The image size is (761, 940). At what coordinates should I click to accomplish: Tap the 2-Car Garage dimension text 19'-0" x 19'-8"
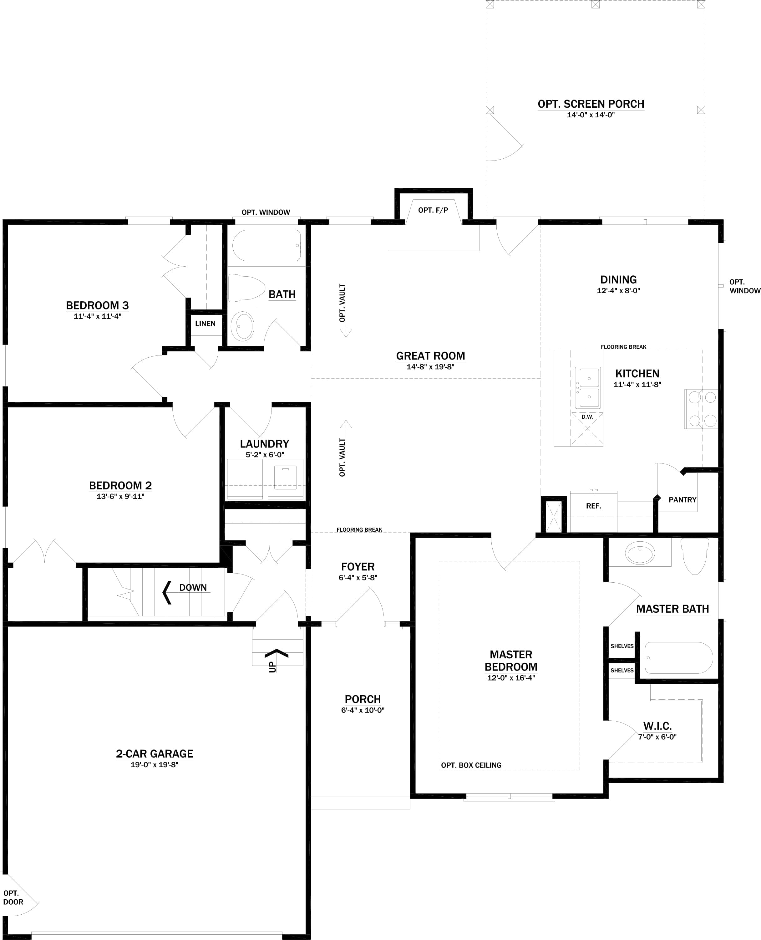click(x=154, y=765)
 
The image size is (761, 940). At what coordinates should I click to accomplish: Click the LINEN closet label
click(x=205, y=324)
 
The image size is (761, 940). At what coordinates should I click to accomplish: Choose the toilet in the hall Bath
click(x=246, y=288)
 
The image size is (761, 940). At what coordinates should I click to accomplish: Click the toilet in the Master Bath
click(x=694, y=555)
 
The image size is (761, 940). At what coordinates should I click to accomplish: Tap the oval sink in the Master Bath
click(x=641, y=553)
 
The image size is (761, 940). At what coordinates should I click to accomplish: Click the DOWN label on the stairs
click(x=193, y=588)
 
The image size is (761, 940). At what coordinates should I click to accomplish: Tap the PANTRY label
click(x=682, y=500)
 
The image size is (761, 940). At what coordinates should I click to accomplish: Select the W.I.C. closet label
click(x=657, y=726)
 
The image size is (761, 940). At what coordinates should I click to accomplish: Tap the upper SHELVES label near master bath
click(x=621, y=646)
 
